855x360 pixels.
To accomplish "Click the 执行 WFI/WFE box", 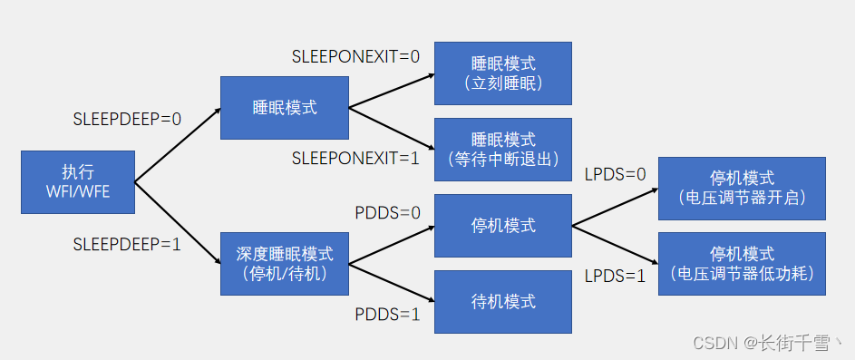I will [77, 182].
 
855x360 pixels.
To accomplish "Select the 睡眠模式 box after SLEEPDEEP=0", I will [284, 108].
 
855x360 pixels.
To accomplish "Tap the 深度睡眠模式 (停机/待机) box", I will [284, 263].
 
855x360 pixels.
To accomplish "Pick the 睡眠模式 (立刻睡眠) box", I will [503, 73].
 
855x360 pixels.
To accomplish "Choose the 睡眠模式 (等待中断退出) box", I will [503, 150].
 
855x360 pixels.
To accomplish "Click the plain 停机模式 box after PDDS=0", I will [503, 225].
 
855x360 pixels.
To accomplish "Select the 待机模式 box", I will [503, 301].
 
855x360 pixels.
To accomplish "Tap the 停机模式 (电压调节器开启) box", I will [742, 188].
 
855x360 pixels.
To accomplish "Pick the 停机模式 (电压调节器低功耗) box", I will [742, 263].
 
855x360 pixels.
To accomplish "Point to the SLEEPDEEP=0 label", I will [127, 119].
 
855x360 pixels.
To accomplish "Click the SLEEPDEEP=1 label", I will [127, 243].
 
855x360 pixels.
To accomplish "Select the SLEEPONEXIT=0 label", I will [356, 56].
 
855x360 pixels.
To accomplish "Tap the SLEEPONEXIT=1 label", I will [356, 159].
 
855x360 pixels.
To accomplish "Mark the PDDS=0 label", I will [387, 213].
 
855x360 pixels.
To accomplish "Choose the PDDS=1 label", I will [387, 315].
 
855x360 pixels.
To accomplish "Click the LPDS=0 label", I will [615, 173].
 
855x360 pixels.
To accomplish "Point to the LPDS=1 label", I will [615, 276].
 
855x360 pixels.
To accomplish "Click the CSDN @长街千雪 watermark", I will [765, 343].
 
